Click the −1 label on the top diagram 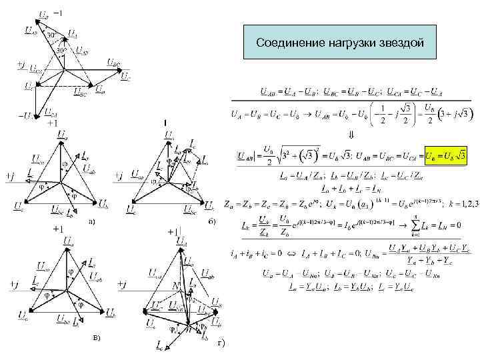point(58,13)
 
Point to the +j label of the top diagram point(21,65)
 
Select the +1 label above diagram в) point(58,229)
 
